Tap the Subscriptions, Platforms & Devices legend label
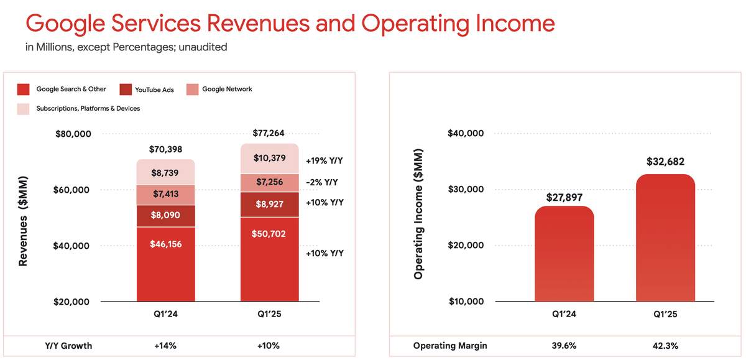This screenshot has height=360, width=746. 88,108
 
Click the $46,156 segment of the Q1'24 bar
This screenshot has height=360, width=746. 166,244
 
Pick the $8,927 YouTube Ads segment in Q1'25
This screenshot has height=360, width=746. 270,202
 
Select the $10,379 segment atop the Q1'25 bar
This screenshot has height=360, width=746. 270,158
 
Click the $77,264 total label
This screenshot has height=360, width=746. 269,133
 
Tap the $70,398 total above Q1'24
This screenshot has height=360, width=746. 166,149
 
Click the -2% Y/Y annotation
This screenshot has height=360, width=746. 323,182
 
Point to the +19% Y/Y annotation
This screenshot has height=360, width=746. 324,161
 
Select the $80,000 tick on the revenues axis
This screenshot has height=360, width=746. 73,134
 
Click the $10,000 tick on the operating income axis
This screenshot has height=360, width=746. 466,302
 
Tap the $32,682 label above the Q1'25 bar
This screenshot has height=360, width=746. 665,162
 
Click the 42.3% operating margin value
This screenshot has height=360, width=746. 665,346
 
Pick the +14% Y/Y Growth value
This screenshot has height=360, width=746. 166,346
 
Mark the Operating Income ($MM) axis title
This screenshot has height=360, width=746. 418,215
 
